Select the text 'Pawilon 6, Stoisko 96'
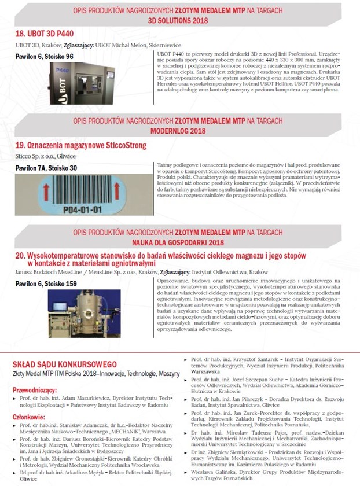45,56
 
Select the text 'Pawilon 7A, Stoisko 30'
46,168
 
